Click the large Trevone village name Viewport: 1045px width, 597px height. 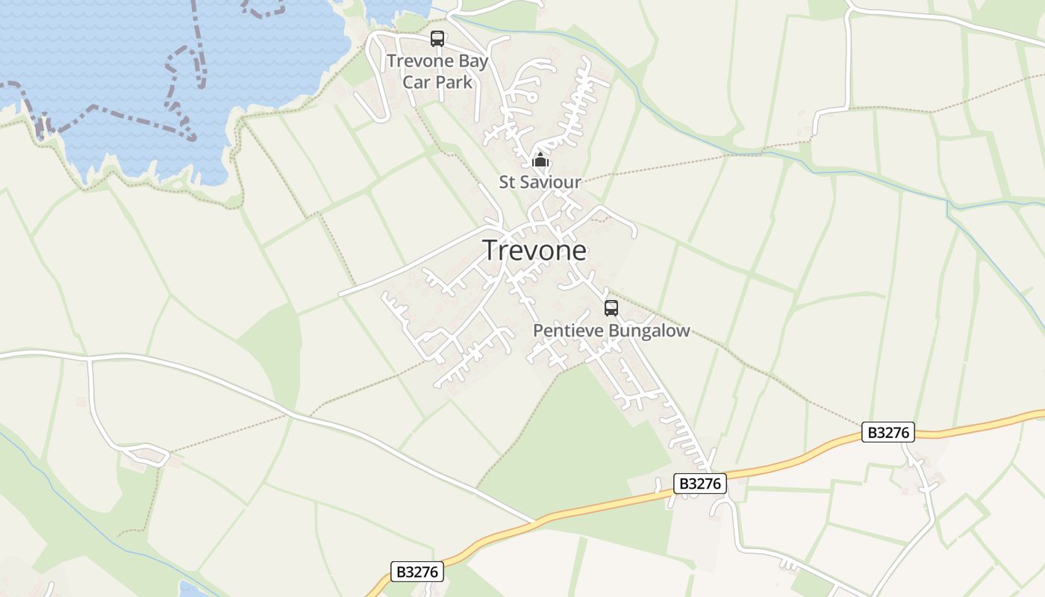534,251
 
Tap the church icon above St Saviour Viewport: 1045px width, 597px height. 540,160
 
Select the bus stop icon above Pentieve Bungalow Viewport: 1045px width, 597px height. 611,307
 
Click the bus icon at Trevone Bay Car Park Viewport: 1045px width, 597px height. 437,39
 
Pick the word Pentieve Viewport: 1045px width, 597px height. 568,331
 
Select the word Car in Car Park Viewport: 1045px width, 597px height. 417,81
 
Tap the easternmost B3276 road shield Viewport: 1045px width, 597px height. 888,432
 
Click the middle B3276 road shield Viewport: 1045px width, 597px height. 700,484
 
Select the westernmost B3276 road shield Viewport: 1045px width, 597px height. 417,572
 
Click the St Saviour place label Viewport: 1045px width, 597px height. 540,182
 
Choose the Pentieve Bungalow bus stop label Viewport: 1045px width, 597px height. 611,331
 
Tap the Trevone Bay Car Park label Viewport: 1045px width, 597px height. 437,72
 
